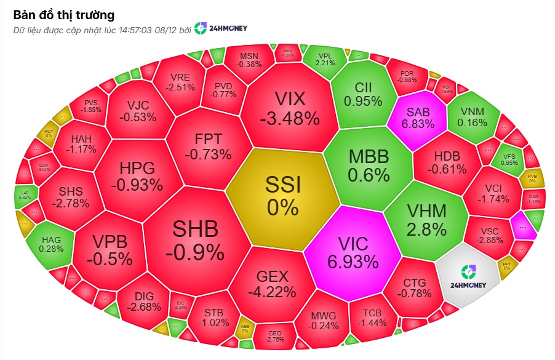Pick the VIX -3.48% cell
click(x=289, y=108)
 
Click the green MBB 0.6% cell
click(x=369, y=165)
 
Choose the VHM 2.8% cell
click(x=426, y=220)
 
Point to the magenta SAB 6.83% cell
click(x=418, y=117)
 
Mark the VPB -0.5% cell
click(x=109, y=249)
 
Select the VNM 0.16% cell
click(x=472, y=117)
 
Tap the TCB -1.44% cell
click(x=372, y=317)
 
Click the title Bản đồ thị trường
click(x=63, y=14)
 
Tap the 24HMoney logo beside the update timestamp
click(x=221, y=29)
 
